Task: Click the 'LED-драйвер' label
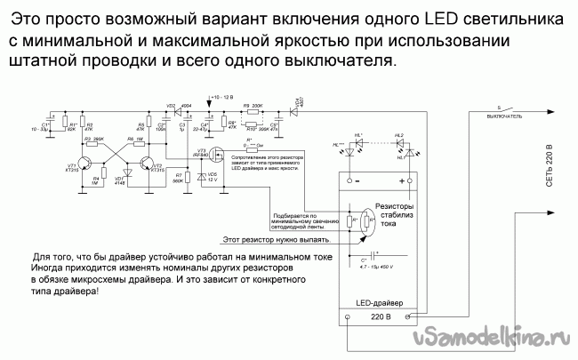point(380,301)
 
